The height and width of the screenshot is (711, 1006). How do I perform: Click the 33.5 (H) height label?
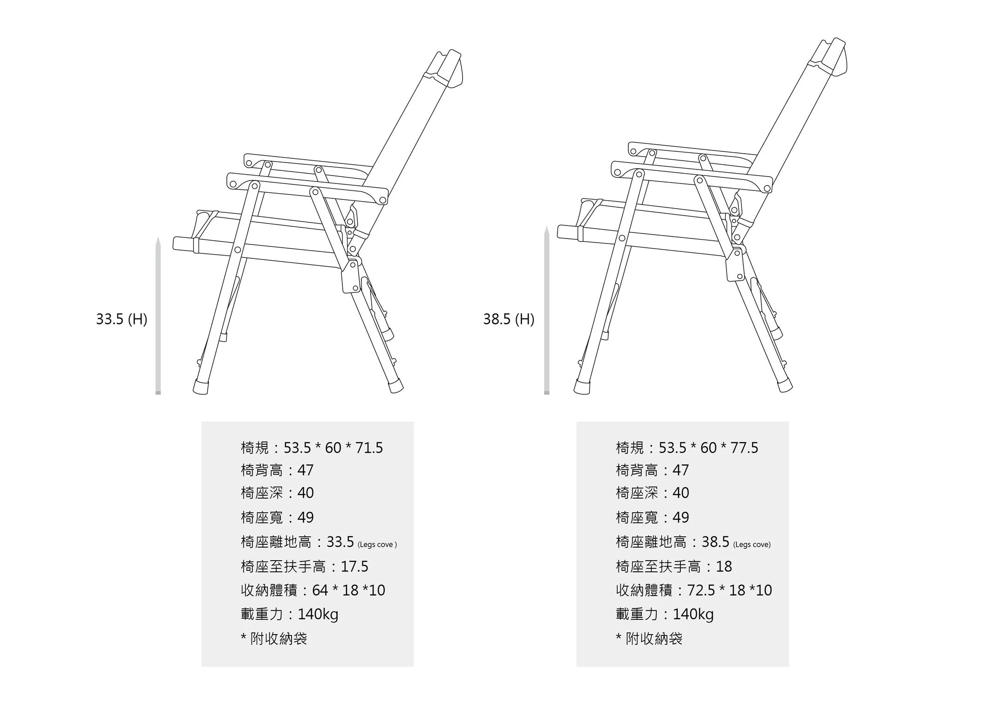[122, 319]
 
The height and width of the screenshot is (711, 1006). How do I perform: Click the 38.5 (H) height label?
[509, 319]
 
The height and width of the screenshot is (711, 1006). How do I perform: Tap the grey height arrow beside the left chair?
[158, 316]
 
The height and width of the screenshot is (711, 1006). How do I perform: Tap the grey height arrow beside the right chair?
[547, 310]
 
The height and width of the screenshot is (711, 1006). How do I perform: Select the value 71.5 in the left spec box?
[369, 448]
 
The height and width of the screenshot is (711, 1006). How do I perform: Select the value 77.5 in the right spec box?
[744, 448]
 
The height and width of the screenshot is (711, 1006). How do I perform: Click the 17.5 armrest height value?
[354, 567]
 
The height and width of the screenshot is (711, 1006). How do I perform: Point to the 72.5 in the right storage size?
[701, 590]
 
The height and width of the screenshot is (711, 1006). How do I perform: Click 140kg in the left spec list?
[318, 615]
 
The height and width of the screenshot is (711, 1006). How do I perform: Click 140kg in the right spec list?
[693, 615]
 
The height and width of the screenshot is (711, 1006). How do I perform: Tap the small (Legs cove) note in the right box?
[752, 545]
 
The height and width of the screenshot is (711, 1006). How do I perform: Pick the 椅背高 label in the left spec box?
[262, 470]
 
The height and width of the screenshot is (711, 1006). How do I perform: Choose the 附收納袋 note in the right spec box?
[654, 639]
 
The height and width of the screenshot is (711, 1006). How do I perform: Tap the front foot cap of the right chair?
[582, 387]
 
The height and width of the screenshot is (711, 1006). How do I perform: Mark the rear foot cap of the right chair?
[784, 384]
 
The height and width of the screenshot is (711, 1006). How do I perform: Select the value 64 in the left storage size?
[320, 590]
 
